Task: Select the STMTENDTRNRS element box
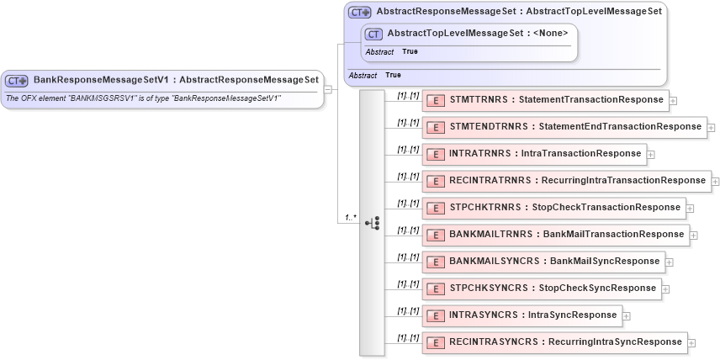pos(564,127)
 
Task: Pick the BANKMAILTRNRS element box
pos(555,235)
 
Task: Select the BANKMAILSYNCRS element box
pos(543,262)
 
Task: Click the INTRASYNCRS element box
pos(521,315)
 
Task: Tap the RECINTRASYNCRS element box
pos(554,342)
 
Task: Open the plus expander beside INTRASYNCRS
pos(627,316)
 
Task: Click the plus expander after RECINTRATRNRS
pos(716,182)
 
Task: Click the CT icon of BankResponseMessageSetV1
pos(17,81)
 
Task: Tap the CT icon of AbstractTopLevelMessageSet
pos(373,34)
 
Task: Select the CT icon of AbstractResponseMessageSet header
pos(360,12)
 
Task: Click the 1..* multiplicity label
pos(350,218)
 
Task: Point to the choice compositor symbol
pos(372,223)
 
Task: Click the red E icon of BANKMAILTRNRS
pos(436,235)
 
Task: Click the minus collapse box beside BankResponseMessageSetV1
pos(328,89)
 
